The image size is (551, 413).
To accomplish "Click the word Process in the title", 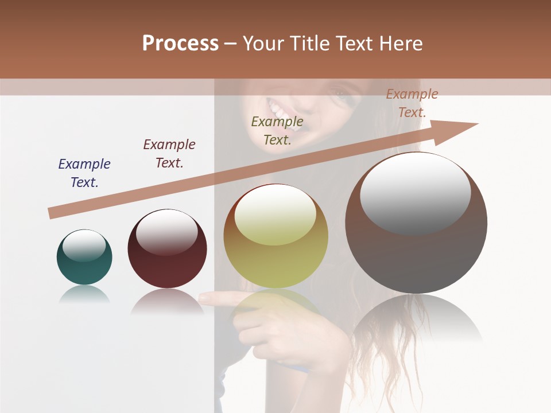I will (x=180, y=43).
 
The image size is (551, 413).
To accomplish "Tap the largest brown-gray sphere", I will (x=416, y=252).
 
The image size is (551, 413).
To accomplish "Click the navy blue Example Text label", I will (x=84, y=173).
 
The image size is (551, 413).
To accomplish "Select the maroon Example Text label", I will (x=169, y=153).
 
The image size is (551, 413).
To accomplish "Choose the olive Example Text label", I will (x=277, y=130).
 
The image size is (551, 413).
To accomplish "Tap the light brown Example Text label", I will (x=412, y=103).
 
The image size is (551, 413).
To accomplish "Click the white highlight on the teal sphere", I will (x=84, y=245).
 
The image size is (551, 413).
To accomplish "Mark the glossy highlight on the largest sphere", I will (x=415, y=192).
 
